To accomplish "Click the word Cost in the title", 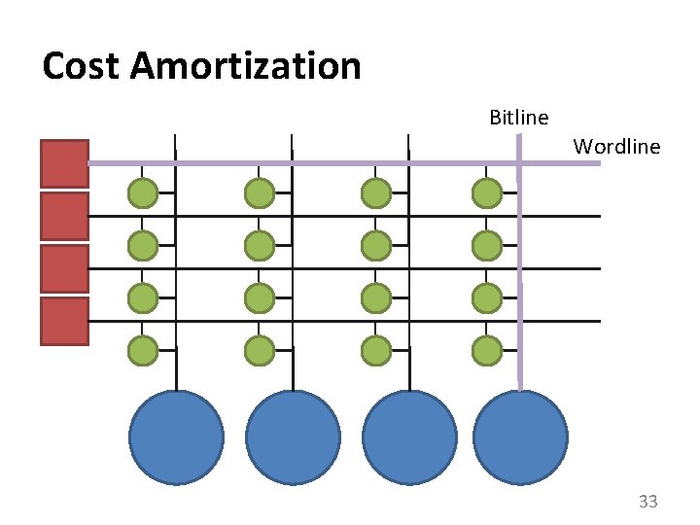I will [82, 66].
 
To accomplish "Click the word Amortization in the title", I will [245, 66].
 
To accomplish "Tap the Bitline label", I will [518, 118].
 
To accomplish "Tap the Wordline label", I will [616, 147].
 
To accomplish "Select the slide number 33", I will [647, 502].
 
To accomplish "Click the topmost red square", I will [64, 163].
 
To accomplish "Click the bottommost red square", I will [64, 322].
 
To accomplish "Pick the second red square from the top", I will [64, 216].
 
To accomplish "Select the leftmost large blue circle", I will [176, 437].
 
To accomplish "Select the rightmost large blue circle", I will [520, 437].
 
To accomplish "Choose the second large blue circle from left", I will [293, 437].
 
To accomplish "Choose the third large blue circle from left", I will [409, 437].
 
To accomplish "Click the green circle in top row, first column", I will [143, 193].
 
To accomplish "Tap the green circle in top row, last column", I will [487, 193].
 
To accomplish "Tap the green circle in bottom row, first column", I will [143, 349].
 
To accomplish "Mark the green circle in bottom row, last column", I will [487, 349].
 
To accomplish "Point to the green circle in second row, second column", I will [260, 245].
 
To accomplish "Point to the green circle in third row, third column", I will [376, 297].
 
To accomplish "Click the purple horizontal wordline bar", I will [340, 163].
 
